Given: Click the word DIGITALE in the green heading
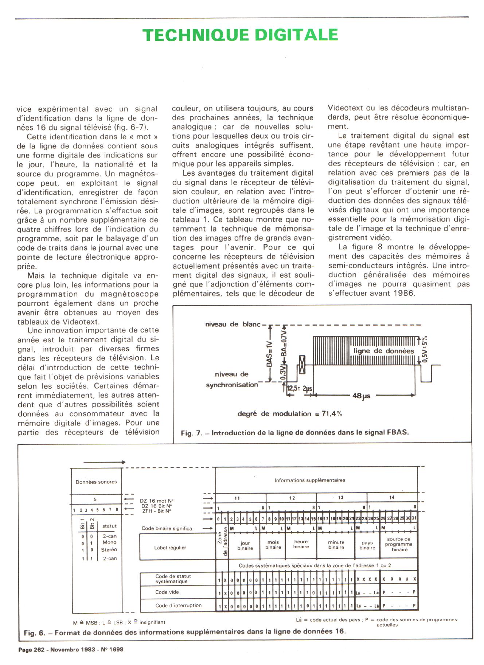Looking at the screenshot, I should pyautogui.click(x=296, y=35).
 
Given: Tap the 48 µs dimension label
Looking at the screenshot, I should pyautogui.click(x=362, y=396).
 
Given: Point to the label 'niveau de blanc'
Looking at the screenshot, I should pyautogui.click(x=233, y=324).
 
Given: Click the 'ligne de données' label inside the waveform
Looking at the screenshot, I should pyautogui.click(x=383, y=351).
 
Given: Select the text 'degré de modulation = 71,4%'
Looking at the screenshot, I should pyautogui.click(x=290, y=413).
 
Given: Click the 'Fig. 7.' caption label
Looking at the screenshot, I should pyautogui.click(x=191, y=433).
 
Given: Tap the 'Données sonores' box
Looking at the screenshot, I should pyautogui.click(x=96, y=482).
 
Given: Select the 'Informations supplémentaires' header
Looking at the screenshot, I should pyautogui.click(x=310, y=480).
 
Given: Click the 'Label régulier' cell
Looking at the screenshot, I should pyautogui.click(x=170, y=548).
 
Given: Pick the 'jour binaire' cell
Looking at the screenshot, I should pyautogui.click(x=245, y=546).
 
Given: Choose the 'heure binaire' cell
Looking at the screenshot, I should pyautogui.click(x=301, y=544).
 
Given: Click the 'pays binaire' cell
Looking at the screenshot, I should pyautogui.click(x=367, y=545).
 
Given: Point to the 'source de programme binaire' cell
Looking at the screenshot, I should pyautogui.click(x=399, y=544).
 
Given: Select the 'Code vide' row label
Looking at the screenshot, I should pyautogui.click(x=167, y=592).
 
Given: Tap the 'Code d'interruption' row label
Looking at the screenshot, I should pyautogui.click(x=178, y=605).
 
